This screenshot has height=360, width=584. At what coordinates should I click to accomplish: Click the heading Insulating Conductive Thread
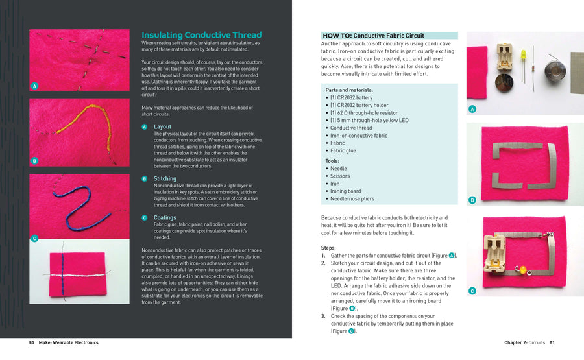(x=201, y=35)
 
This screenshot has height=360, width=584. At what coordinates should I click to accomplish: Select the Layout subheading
(x=162, y=126)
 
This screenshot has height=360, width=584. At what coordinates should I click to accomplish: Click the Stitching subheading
(x=165, y=178)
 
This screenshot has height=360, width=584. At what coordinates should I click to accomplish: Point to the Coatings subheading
(x=165, y=218)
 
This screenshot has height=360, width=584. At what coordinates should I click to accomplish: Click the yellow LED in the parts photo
(x=522, y=55)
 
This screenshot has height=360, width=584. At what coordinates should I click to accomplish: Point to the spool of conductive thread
(x=554, y=70)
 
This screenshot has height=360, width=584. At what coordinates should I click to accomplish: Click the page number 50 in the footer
(x=31, y=342)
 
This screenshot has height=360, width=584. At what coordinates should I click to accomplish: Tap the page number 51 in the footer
(x=552, y=342)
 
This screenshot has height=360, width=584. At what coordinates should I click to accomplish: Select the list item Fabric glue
(x=343, y=150)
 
